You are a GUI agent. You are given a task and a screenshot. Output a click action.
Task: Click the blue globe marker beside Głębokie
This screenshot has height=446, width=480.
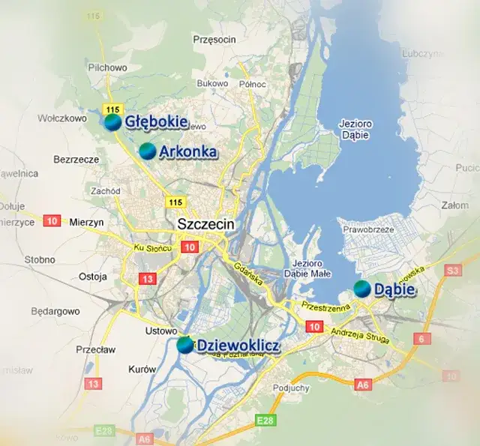112,121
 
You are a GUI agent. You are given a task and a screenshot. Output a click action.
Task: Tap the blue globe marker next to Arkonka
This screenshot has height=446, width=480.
148,151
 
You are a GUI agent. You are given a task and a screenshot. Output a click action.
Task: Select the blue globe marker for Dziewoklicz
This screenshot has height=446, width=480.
184,345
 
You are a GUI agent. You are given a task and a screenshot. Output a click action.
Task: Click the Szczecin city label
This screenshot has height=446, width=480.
206,224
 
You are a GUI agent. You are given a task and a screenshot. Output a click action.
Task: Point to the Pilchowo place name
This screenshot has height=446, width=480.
108,67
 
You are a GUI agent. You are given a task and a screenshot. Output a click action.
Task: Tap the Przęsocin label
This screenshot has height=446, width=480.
214,39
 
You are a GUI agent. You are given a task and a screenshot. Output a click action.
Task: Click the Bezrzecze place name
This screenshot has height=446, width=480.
76,160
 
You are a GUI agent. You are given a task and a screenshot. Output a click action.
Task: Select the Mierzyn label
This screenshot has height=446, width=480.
86,222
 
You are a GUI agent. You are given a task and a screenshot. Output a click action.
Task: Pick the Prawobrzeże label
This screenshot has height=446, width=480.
367,229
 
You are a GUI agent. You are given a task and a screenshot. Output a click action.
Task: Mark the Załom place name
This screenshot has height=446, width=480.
455,205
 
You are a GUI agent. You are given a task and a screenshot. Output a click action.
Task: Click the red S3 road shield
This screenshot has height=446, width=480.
452,270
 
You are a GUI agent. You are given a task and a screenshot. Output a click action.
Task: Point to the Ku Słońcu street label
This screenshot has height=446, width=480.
153,248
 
